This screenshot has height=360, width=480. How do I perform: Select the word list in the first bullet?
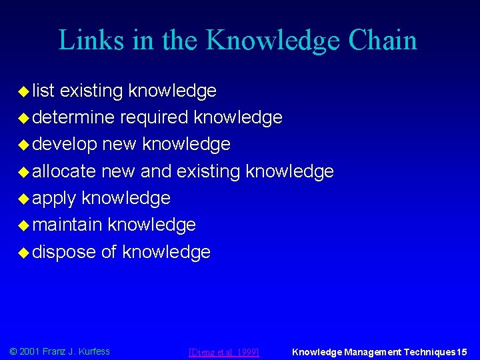44,91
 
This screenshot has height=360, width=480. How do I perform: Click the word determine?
73,117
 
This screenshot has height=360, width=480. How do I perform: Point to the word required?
154,117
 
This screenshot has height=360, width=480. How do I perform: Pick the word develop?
64,144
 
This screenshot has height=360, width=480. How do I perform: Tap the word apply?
54,198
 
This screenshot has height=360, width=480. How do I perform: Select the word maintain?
67,225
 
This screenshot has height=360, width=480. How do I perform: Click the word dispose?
64,252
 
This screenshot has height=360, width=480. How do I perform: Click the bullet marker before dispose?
23,252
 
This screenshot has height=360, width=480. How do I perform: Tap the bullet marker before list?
23,91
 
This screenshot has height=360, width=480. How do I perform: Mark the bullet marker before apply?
23,198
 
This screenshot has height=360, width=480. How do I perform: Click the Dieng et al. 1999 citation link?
224,351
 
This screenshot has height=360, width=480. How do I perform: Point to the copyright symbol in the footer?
13,351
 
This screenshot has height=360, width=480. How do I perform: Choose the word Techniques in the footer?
428,351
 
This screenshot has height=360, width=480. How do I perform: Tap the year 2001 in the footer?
30,351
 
